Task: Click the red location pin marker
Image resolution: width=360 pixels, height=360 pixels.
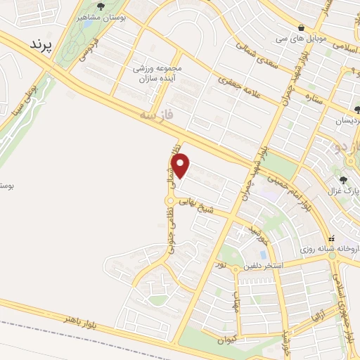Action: point(181,165)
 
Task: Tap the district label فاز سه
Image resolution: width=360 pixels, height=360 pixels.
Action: point(155,112)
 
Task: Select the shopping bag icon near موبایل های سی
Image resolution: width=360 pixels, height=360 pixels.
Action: point(301,27)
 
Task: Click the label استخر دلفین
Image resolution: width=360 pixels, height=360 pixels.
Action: point(261,266)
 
